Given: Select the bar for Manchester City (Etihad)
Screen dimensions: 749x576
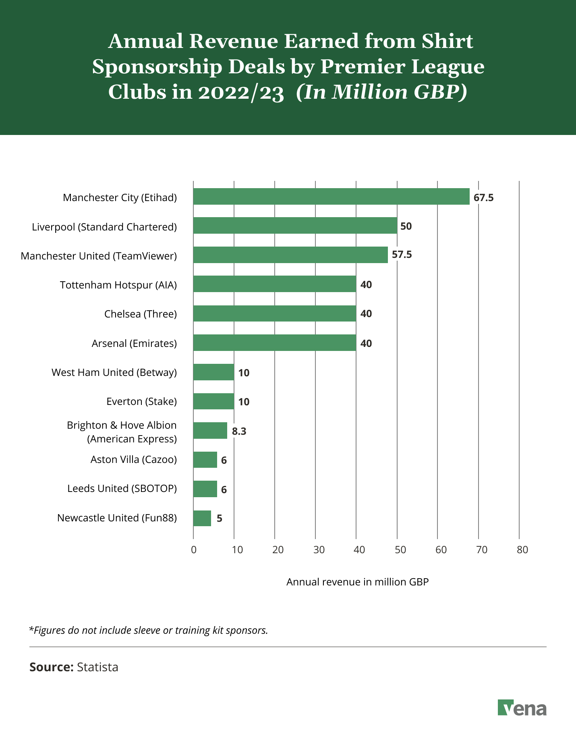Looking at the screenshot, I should (331, 197).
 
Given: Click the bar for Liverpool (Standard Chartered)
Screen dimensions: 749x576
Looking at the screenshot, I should (295, 226).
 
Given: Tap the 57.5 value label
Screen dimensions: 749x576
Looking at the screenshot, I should (402, 255).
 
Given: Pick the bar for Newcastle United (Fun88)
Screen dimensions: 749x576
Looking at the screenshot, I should (202, 518).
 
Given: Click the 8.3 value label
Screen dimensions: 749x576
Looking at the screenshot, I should (239, 432).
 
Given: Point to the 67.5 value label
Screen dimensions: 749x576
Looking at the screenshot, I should (483, 198).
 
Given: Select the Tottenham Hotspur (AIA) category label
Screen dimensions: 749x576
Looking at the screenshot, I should (118, 285).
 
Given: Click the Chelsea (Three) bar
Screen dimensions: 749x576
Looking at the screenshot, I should (274, 313).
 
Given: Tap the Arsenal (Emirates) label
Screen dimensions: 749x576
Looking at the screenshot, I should (134, 343).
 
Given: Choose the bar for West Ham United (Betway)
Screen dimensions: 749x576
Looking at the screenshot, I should (213, 372).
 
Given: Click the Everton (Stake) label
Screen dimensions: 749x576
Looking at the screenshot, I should (141, 401).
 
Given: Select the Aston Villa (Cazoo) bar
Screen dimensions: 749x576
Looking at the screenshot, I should (205, 460).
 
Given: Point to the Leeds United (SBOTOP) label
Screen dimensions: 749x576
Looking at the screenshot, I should (122, 489).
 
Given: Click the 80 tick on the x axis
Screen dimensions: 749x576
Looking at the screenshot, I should (522, 550).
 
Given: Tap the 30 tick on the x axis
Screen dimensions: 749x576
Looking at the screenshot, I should (319, 550).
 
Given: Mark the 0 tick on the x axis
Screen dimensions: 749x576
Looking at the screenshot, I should (194, 550).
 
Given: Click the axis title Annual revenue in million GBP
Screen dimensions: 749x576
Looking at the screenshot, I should (357, 582).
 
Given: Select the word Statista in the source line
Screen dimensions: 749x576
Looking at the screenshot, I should (97, 667).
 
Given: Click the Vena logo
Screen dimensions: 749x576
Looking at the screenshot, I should (522, 708).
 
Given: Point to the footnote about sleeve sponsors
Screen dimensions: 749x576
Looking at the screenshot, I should (149, 630).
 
